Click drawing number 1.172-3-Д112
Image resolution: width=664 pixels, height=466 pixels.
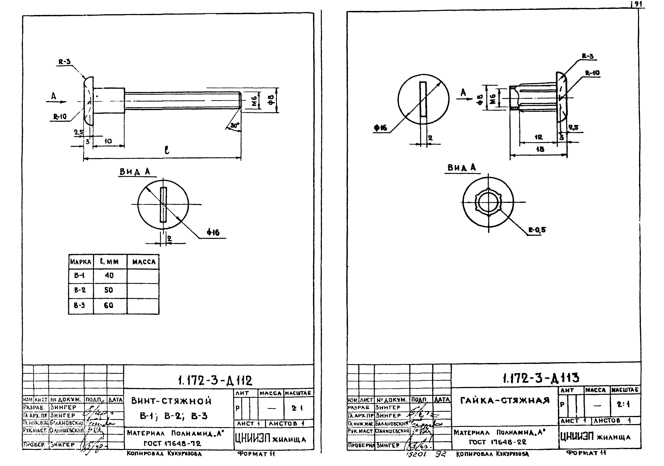215,381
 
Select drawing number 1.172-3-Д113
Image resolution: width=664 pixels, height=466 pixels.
541,378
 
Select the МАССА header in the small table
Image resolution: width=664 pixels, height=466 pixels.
144,262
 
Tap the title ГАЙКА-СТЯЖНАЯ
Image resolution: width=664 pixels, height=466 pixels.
505,401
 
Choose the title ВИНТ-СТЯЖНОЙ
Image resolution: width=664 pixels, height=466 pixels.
171,401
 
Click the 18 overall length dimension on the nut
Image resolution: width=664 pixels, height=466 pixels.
540,149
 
